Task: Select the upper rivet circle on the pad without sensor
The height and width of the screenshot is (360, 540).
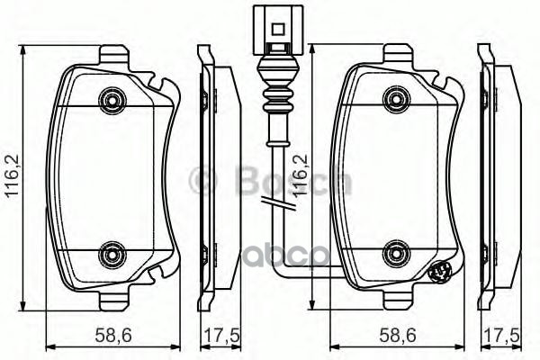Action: pyautogui.click(x=112, y=97)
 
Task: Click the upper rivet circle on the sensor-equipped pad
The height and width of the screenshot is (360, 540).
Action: pyautogui.click(x=394, y=97)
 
